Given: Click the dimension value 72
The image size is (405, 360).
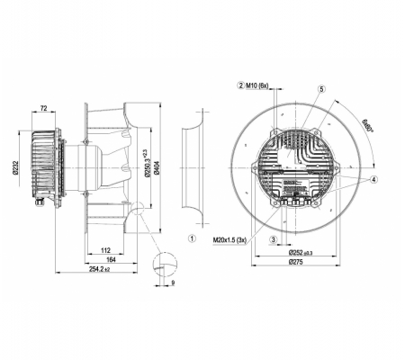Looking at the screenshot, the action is click(x=44, y=108).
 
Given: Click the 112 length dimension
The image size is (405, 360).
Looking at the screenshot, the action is click(x=105, y=250).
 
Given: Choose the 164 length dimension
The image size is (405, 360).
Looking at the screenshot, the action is click(x=111, y=260).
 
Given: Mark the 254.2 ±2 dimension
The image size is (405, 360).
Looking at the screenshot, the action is click(x=100, y=269).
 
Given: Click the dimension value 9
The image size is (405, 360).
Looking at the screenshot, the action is click(x=173, y=283).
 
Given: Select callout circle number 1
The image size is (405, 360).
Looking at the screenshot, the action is click(x=192, y=238).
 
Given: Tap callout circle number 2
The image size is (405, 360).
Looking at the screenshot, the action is click(x=241, y=85).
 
